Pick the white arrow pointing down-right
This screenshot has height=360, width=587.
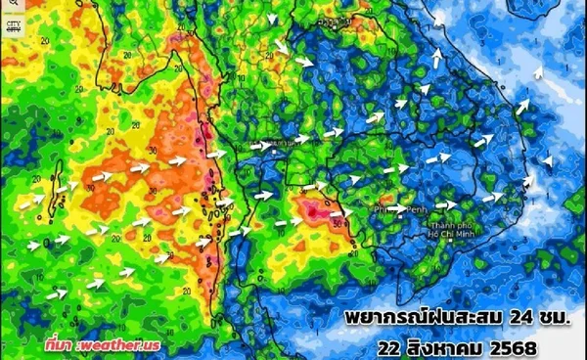[281, 45]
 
